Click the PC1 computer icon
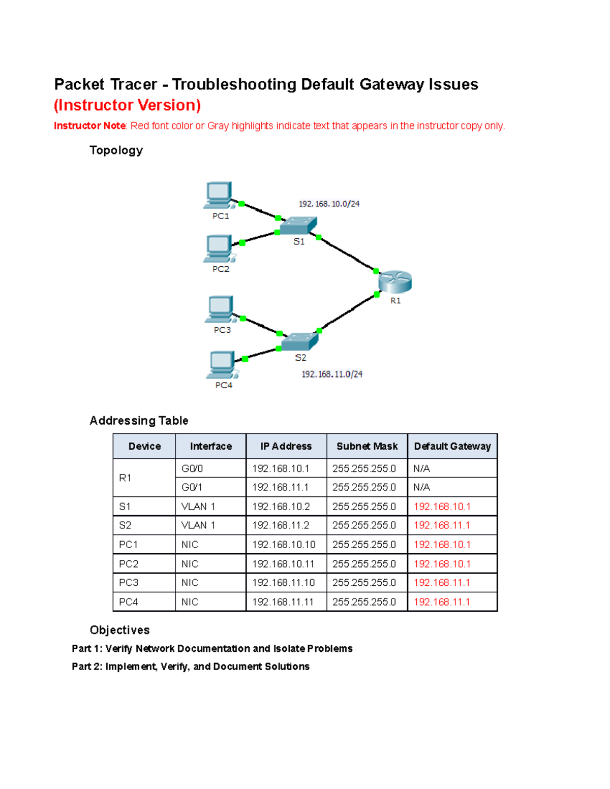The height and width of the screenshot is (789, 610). coord(219,195)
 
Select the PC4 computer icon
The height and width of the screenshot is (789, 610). coord(222,364)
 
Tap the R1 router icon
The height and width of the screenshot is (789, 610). coord(395,282)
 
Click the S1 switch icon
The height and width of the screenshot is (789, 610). coord(299,225)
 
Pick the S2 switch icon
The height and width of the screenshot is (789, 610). coord(300,341)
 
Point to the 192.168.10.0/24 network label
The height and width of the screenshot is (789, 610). coord(329,204)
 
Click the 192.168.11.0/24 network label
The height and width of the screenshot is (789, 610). coord(332,374)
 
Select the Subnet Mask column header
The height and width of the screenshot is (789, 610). coord(367,447)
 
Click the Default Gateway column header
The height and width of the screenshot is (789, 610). coord(452,447)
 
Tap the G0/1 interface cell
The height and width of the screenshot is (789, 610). coord(192,487)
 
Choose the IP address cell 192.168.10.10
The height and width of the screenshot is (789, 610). coord(284,545)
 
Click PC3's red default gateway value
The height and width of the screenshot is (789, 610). coord(442,583)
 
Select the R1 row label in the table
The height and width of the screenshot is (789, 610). coord(125,478)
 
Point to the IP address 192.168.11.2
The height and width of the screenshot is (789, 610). coord(281,525)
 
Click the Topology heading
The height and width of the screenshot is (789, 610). coord(116,150)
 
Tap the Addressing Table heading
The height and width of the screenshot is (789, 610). coord(139,421)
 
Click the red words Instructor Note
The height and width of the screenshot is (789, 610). coord(89,126)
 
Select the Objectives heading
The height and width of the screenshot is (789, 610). coord(119,630)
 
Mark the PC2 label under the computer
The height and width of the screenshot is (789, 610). coord(221,269)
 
